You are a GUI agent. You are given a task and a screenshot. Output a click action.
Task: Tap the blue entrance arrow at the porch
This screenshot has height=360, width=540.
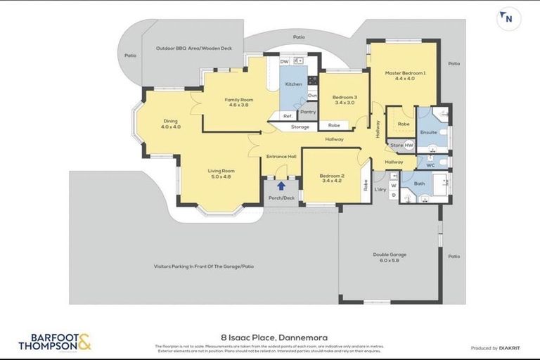click(x=281, y=186)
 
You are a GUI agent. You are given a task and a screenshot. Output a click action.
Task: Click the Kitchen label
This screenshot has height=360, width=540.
click(x=293, y=84)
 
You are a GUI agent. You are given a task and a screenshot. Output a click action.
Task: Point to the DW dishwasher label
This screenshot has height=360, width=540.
click(x=285, y=62)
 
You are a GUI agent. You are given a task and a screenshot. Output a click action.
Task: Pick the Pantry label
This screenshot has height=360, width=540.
click(x=307, y=112)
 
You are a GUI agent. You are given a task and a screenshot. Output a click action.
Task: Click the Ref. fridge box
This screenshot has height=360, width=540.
click(x=288, y=116)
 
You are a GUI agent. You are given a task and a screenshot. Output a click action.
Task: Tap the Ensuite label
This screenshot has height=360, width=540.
click(x=428, y=132)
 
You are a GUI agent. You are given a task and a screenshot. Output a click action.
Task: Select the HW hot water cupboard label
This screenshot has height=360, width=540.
click(x=409, y=146)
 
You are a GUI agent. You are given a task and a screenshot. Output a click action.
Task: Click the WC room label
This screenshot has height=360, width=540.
click(x=430, y=166)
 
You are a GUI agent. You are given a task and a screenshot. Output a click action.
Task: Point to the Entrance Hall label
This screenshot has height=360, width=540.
click(x=281, y=156)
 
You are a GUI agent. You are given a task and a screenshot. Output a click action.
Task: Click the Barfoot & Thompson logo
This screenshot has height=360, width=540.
click(x=55, y=342)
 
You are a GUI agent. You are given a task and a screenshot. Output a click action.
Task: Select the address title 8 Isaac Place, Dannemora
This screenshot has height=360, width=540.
click(x=270, y=337)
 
